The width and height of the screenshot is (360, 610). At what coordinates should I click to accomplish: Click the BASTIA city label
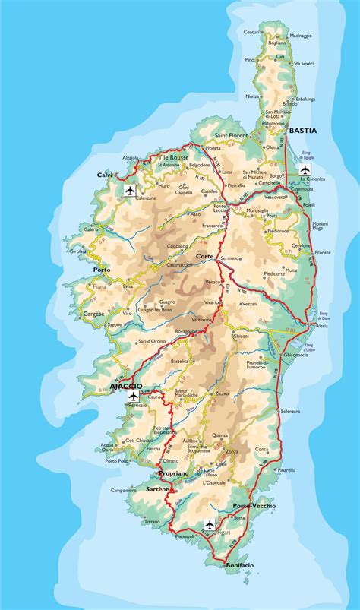point(302,131)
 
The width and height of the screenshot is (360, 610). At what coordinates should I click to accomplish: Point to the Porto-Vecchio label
point(254,505)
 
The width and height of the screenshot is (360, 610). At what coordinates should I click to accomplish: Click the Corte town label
point(204,256)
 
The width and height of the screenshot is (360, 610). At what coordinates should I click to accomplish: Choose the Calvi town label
point(104,175)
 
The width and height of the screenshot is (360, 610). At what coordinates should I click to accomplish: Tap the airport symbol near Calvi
point(129,190)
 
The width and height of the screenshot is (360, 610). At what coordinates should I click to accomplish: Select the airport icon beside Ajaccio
point(134,396)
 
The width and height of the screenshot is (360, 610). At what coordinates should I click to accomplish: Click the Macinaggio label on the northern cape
point(301,35)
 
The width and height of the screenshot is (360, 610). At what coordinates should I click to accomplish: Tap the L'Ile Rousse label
point(173,157)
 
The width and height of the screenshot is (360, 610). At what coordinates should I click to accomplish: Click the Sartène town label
point(158,489)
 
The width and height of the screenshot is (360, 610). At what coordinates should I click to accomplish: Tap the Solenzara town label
point(290,411)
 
